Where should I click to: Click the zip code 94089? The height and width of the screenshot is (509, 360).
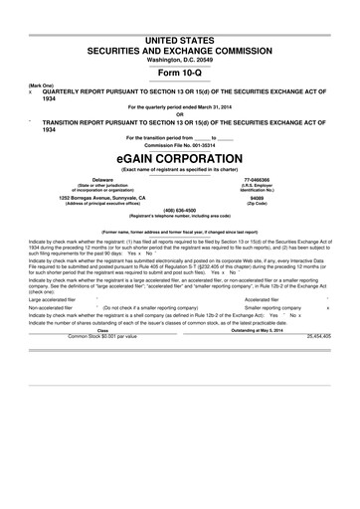pyautogui.click(x=260, y=198)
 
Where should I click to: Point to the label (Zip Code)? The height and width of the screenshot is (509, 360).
pyautogui.click(x=260, y=204)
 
